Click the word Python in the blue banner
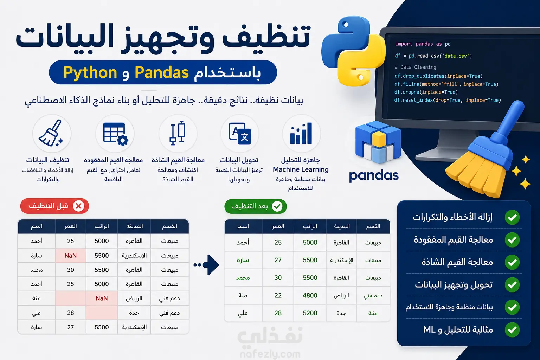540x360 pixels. (90, 72)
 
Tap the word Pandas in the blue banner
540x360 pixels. (161, 72)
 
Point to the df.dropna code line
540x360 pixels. (426, 92)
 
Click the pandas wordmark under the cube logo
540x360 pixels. (374, 176)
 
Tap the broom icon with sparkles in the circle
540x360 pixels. (51, 133)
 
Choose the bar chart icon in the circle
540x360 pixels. (301, 133)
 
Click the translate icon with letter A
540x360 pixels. (240, 134)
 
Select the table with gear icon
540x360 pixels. (115, 134)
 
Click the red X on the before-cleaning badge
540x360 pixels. (79, 206)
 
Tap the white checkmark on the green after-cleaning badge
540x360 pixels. (277, 206)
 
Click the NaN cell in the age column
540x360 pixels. (70, 255)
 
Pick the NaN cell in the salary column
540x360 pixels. (102, 298)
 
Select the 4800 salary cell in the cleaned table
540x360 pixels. (310, 295)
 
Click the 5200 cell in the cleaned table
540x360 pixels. (310, 313)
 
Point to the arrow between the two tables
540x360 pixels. (206, 265)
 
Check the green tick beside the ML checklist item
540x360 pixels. (512, 330)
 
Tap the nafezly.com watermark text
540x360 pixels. (270, 354)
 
